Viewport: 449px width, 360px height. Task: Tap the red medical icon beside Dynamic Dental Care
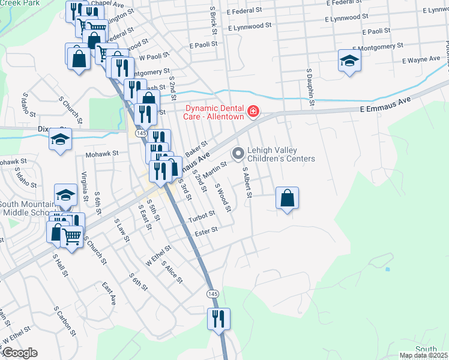coord(253,112)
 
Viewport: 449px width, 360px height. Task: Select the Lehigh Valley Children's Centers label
coord(281,154)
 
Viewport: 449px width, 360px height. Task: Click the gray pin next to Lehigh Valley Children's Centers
coord(238,154)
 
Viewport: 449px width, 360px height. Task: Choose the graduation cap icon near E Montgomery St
coord(349,61)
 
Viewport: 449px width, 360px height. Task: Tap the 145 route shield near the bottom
coord(213,293)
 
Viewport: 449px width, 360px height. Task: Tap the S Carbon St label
coord(64,321)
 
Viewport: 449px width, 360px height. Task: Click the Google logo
coord(19,353)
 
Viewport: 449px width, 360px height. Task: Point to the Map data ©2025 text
coord(423,355)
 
